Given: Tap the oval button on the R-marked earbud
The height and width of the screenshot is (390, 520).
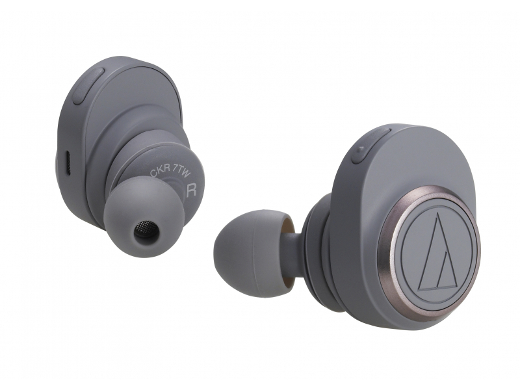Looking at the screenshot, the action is [89, 86].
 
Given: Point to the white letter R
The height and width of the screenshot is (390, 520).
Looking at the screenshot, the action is [192, 191].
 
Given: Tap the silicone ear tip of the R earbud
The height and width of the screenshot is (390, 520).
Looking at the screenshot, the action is [145, 213].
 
